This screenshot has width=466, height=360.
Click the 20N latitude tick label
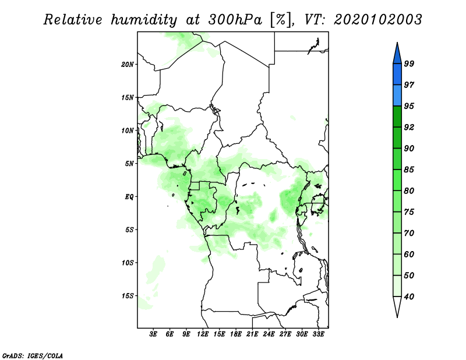(127, 65)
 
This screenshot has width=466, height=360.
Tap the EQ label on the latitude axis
(129, 197)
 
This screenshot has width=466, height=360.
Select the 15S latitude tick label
(127, 296)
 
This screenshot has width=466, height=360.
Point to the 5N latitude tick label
(129, 164)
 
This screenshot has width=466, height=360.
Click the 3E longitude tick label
(153, 334)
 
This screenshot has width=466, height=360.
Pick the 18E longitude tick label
(236, 334)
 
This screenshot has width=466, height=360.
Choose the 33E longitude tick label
(318, 334)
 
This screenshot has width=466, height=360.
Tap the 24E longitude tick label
(269, 334)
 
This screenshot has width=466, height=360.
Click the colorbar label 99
(409, 63)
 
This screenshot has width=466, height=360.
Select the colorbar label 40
(409, 297)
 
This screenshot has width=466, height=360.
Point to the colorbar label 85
(409, 170)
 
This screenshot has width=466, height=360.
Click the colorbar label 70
(409, 233)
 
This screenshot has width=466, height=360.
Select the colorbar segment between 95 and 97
(397, 96)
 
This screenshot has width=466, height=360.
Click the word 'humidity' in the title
(144, 20)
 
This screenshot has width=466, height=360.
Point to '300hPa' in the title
(235, 20)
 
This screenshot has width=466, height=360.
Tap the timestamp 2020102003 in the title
(377, 20)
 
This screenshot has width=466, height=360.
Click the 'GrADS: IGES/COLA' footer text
(33, 355)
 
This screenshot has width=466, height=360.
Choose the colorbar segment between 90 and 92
(397, 137)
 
